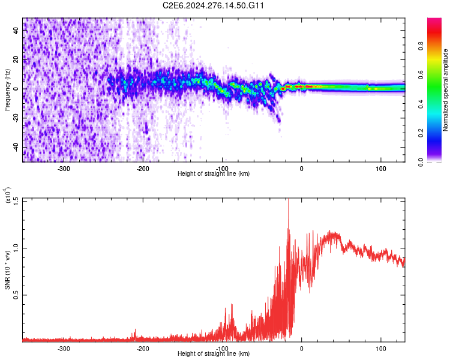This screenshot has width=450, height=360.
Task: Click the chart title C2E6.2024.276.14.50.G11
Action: click(214, 5)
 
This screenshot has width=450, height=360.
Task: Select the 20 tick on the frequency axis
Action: click(16, 59)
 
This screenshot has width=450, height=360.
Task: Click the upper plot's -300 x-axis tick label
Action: click(64, 169)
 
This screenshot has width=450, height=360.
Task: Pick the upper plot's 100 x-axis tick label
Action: click(380, 169)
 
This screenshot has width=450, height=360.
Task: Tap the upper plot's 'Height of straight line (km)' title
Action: click(214, 174)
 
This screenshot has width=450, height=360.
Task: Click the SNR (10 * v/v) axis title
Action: click(8, 270)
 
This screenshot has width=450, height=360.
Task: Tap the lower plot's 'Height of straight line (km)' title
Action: click(214, 354)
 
